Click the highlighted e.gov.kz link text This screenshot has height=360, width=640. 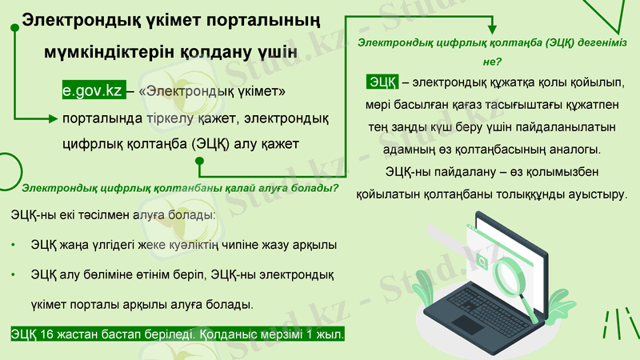pos(93,92)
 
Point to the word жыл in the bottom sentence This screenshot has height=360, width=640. pos(329,334)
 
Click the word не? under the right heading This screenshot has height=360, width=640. pos(491,61)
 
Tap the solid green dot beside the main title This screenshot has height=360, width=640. pos(14,27)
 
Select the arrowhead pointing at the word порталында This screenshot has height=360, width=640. pos(58,118)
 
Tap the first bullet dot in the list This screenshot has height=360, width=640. pos(14,245)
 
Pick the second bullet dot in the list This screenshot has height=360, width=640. pos(14,274)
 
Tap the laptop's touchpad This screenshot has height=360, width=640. pos(467,324)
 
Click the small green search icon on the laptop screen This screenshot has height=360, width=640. pos(483,261)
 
